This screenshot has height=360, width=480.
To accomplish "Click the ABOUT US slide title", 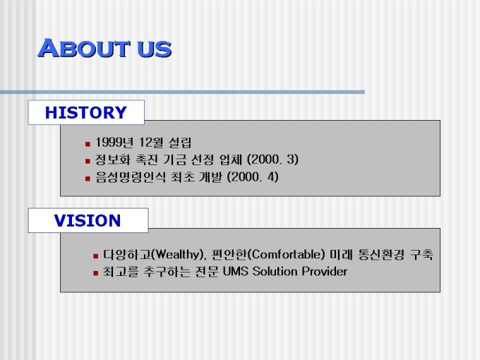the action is point(104,48).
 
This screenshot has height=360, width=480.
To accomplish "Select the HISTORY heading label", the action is point(85,112).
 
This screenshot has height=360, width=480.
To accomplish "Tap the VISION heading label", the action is point(88,220).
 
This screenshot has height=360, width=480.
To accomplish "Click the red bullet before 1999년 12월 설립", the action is point(88,143).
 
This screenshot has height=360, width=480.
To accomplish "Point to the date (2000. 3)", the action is point(272,160).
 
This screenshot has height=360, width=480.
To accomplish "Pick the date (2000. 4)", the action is point(253,177).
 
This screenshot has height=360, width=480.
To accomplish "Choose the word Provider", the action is point(325,272).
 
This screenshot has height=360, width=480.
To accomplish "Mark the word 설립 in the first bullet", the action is point(180,143).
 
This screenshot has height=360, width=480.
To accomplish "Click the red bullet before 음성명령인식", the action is point(88,179).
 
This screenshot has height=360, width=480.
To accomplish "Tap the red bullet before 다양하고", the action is point(96,256).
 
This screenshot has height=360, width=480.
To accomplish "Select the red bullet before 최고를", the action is point(96,272).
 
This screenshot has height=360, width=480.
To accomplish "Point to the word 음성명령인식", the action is point(131,177).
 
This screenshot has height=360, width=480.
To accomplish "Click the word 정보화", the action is point(113,160).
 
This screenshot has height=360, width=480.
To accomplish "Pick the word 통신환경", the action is point(381,255).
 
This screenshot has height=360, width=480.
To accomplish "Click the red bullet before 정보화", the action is point(88,161).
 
